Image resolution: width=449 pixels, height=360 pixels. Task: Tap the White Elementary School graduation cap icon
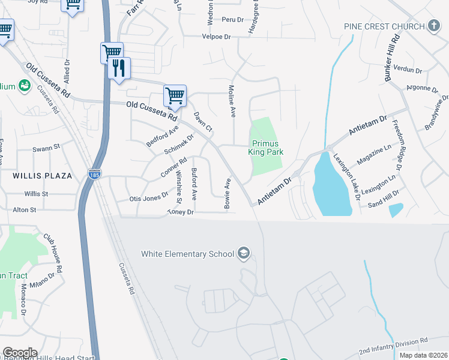click(x=243, y=253)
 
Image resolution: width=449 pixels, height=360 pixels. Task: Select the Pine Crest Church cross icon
click(x=434, y=26)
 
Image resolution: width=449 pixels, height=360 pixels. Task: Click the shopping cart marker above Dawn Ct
click(x=175, y=95)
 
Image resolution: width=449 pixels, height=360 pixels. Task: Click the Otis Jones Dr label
click(x=149, y=198)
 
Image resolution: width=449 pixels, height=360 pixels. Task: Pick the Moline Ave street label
click(x=232, y=101)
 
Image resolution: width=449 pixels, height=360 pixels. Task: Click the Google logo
click(x=19, y=353)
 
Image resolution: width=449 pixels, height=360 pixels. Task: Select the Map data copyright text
click(x=421, y=355)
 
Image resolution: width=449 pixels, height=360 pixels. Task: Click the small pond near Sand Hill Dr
click(x=396, y=210)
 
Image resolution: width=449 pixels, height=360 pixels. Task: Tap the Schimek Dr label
click(x=178, y=145)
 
